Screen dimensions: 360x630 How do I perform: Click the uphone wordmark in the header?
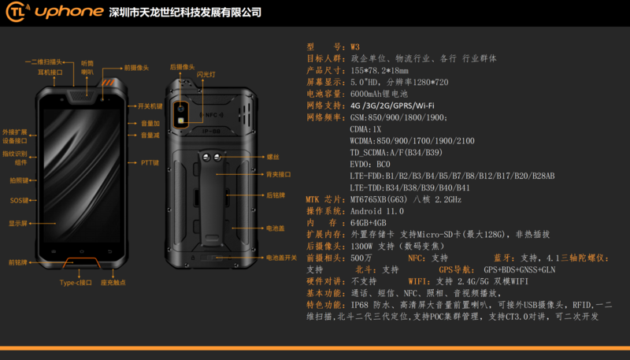click(65, 13)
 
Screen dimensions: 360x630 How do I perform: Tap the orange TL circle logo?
click(17, 13)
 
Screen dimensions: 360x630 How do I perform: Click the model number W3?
click(355, 47)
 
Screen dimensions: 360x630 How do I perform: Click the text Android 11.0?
click(377, 211)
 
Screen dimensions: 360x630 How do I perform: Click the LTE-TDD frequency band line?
click(409, 187)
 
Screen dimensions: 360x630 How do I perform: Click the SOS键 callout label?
click(19, 200)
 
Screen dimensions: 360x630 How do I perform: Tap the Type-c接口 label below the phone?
click(76, 282)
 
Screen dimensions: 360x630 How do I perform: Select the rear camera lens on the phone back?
click(180, 108)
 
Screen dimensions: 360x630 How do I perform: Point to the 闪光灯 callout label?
click(206, 74)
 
